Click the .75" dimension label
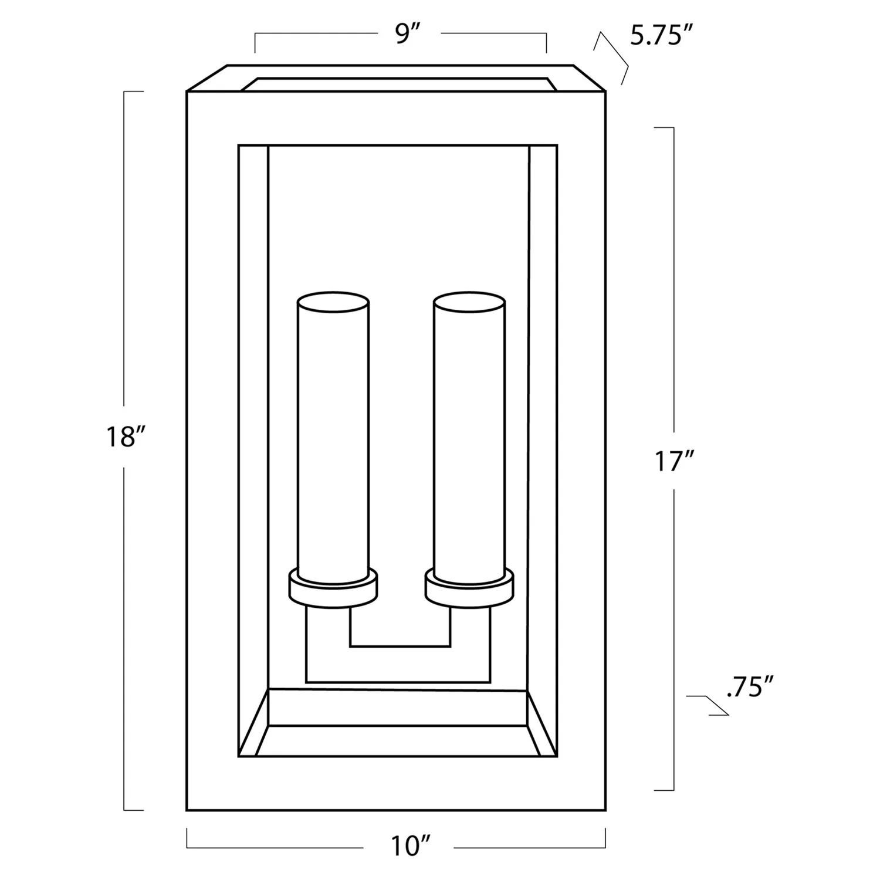tap(750, 686)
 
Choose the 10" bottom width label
tap(408, 845)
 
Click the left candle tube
tap(333, 440)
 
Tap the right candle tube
tap(469, 440)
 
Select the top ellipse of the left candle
tap(333, 304)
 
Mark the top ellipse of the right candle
tap(469, 304)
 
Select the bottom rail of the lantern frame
tap(396, 784)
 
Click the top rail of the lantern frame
tap(396, 117)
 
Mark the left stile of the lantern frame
tap(212, 452)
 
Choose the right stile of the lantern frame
tap(581, 452)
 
